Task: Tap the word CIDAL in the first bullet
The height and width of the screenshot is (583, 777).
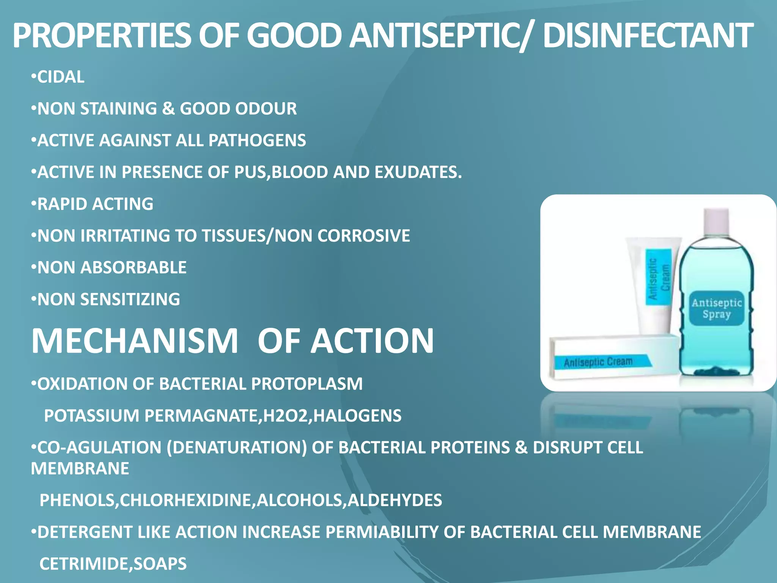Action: point(61,77)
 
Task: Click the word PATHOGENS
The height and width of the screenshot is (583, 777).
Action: point(257,141)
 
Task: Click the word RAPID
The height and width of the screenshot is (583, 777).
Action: point(62,204)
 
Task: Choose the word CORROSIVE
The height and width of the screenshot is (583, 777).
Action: point(363,236)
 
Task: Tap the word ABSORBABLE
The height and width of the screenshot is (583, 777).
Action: point(133,268)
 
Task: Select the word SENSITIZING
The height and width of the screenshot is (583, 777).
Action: point(130,299)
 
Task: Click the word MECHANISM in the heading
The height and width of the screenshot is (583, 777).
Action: point(135,341)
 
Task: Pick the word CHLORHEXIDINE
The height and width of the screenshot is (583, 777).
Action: point(186,501)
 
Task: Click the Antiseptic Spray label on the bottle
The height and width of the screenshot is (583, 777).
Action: point(716,308)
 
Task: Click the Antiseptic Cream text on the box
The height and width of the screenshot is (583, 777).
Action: point(598,362)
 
